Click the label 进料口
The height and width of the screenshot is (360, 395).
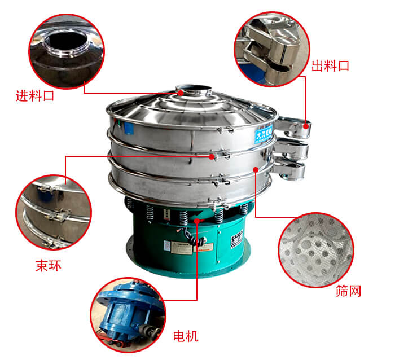click(35, 96)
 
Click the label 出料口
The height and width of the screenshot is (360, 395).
click(331, 66)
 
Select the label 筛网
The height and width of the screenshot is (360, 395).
click(348, 291)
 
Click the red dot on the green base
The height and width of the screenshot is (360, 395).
click(196, 221)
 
